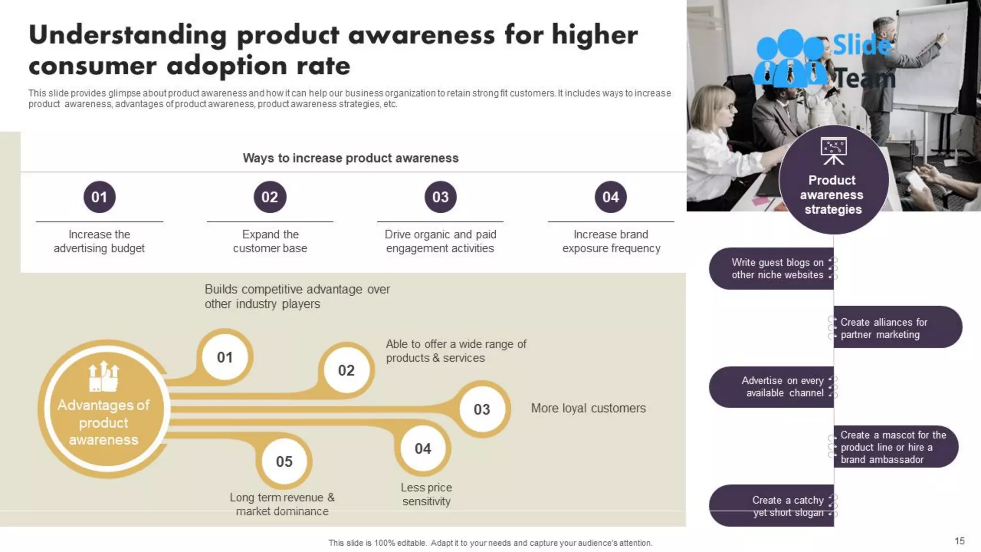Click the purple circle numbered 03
click(440, 197)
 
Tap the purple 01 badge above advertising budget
click(99, 197)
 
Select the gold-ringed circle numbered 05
click(284, 461)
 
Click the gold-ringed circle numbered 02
click(346, 370)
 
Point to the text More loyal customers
click(588, 408)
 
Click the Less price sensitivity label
click(426, 494)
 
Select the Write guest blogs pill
click(772, 268)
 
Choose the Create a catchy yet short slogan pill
click(772, 506)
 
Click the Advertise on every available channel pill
click(772, 387)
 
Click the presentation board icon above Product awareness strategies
click(833, 150)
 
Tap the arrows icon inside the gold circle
click(103, 377)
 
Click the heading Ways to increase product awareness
click(350, 158)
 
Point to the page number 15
click(959, 541)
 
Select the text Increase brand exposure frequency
click(611, 241)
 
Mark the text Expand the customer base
click(270, 241)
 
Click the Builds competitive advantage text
click(297, 296)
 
